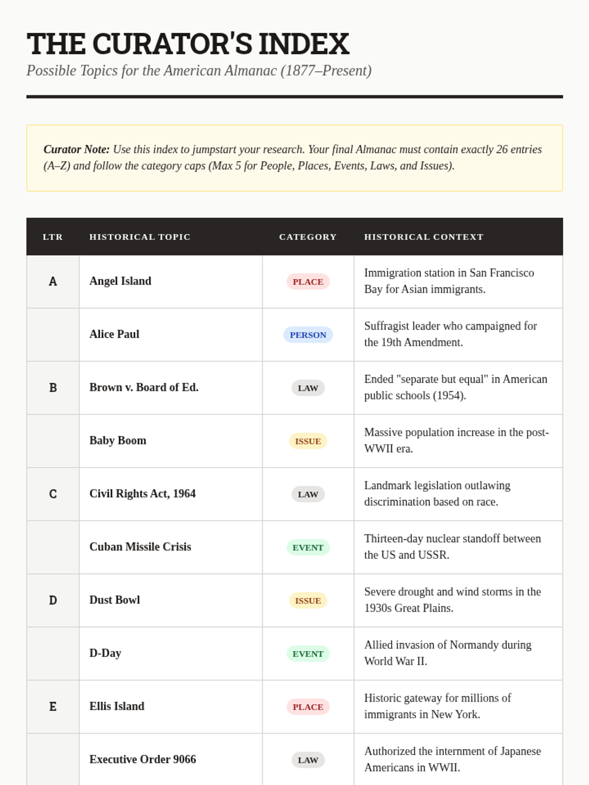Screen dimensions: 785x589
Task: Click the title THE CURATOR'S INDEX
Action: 187,44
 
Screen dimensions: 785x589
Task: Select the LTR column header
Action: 53,237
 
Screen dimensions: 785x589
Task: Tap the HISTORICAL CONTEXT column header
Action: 424,237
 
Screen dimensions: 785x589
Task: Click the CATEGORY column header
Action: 308,237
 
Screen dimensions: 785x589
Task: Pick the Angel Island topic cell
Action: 120,281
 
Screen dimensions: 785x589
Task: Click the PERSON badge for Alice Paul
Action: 308,335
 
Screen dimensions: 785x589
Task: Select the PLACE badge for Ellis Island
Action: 308,706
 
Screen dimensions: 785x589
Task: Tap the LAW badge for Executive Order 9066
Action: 308,760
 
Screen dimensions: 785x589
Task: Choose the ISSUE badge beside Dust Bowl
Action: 308,601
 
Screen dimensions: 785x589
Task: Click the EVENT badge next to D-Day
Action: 308,654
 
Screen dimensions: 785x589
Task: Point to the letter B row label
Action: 53,388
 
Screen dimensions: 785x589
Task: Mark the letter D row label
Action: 53,601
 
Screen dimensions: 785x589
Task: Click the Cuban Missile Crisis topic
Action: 140,547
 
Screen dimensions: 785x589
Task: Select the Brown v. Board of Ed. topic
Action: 144,388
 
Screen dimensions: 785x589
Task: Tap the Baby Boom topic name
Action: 118,441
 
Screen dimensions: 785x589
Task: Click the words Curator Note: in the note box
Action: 77,149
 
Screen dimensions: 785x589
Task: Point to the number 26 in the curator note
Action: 502,149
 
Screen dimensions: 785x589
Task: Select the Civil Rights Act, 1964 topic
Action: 142,494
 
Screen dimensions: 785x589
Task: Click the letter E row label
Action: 53,706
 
